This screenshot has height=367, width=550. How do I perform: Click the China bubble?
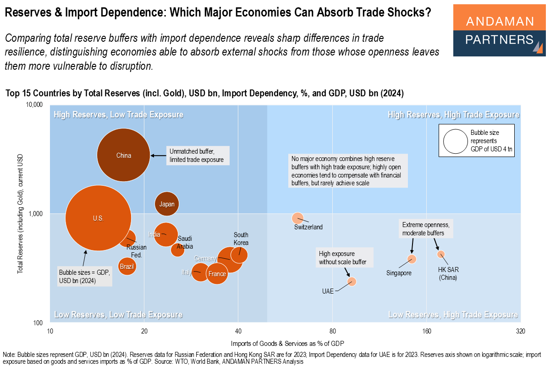click(124, 156)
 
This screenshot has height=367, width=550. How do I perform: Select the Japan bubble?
click(166, 204)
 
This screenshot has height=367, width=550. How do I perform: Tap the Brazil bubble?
click(126, 266)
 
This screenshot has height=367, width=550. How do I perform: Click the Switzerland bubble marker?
click(298, 218)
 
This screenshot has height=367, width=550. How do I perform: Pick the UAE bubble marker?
click(352, 281)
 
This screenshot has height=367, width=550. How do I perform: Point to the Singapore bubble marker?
click(412, 259)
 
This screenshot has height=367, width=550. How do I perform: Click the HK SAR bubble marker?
click(441, 254)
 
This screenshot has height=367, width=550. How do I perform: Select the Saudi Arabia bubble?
click(177, 250)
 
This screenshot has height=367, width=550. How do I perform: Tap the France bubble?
click(217, 274)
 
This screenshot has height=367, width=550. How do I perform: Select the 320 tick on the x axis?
click(520, 332)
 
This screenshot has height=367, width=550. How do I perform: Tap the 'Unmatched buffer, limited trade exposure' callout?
click(197, 156)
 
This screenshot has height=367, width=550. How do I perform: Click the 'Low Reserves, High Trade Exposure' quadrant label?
click(453, 315)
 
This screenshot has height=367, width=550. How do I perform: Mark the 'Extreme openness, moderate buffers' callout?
click(425, 229)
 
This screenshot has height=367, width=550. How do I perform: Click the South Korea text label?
click(241, 239)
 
